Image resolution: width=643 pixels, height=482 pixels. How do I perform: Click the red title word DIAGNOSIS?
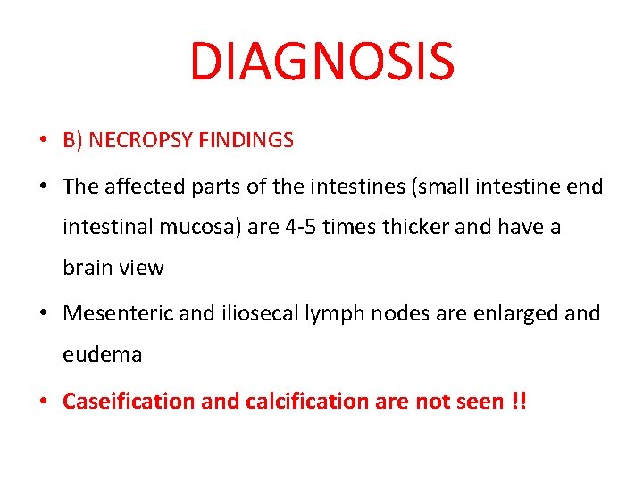(x=321, y=61)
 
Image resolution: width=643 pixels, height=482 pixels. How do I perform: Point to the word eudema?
(x=102, y=354)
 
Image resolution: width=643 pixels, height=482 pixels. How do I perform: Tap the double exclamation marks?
(x=517, y=402)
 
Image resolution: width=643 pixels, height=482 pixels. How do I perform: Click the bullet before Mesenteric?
(x=43, y=314)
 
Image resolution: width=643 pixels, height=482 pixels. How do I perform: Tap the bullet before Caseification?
(x=43, y=402)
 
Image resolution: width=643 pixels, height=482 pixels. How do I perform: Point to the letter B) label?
(x=72, y=140)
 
